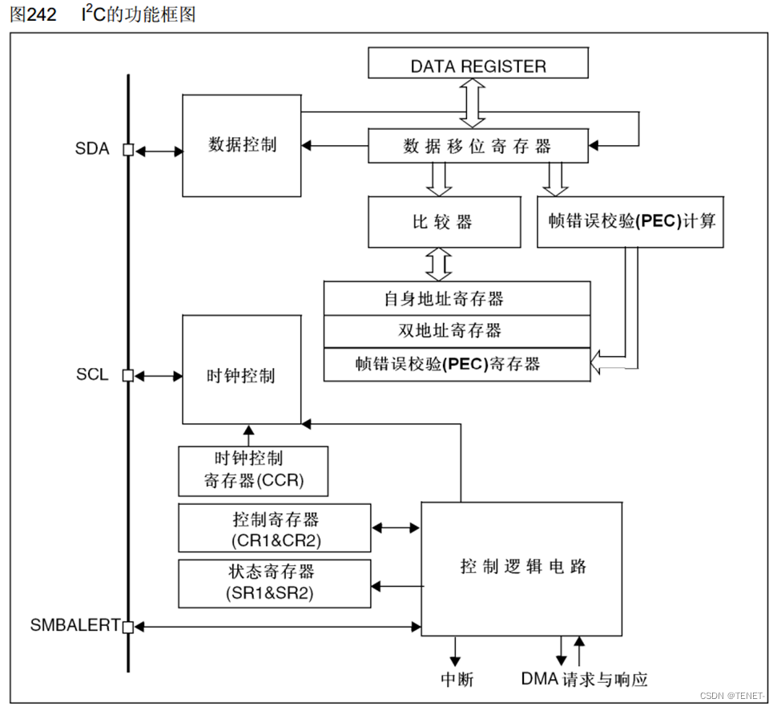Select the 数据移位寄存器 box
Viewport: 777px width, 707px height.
point(478,146)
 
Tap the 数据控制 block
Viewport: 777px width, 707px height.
point(242,145)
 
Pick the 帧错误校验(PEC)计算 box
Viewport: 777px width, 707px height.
point(630,222)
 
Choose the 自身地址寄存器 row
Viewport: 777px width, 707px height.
point(457,298)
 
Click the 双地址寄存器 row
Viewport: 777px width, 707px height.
point(457,331)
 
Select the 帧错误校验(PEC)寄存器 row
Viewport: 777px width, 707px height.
point(457,364)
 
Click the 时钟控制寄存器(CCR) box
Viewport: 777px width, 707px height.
point(253,471)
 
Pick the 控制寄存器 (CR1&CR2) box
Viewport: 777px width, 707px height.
point(275,528)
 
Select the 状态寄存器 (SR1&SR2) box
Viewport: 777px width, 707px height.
point(275,583)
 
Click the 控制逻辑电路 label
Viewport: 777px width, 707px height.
point(522,567)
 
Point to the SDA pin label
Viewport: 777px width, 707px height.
point(91,149)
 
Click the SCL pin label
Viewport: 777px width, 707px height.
point(91,375)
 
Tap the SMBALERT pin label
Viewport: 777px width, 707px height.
point(74,625)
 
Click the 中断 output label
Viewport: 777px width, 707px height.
point(457,680)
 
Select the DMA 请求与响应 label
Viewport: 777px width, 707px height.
point(584,680)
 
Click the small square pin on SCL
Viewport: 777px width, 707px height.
point(127,375)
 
